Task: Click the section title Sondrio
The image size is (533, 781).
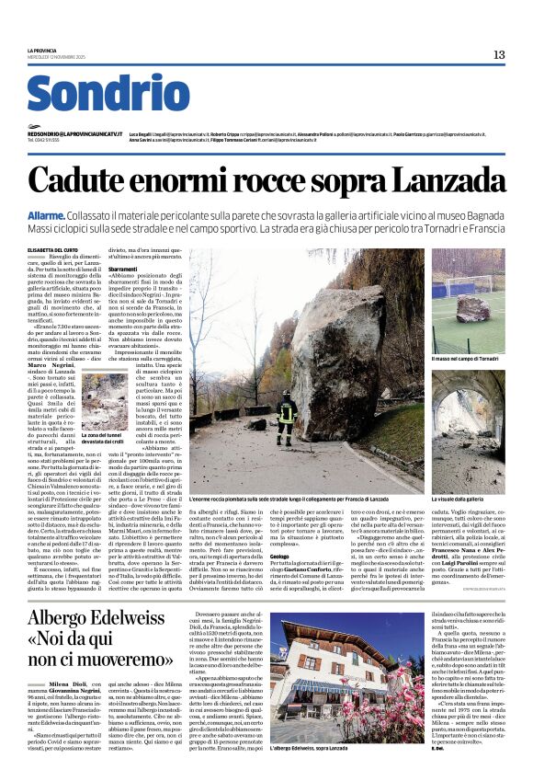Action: click(108, 96)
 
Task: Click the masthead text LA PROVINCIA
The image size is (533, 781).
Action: click(41, 50)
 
